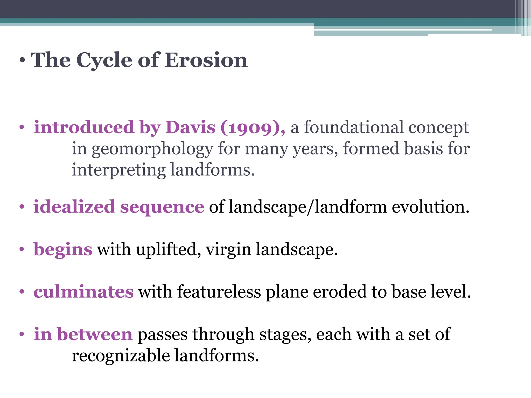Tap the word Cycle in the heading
[104, 61]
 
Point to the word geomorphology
[152, 149]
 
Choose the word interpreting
[118, 170]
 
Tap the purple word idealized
[74, 207]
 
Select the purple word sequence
[162, 207]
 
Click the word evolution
[430, 207]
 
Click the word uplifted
[169, 249]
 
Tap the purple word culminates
[83, 292]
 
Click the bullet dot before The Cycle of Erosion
[22, 60]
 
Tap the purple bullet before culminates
[22, 292]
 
